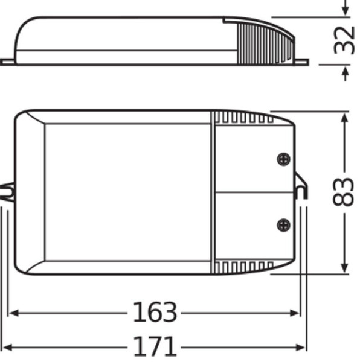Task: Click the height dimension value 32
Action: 345,40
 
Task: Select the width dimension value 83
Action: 344,192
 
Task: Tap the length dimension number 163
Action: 155,313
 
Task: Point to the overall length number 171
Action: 155,347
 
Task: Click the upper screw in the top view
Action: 283,159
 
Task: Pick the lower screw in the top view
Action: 283,224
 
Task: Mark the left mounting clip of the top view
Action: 7,192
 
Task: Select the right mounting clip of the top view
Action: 301,187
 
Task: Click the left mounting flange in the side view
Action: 8,62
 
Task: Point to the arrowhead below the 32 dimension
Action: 345,73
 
